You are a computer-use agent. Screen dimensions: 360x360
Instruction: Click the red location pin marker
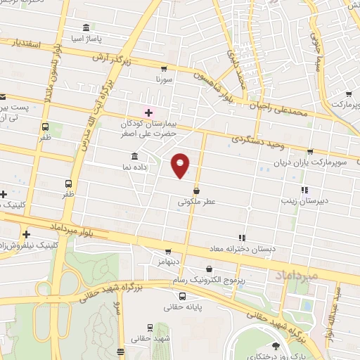(181, 165)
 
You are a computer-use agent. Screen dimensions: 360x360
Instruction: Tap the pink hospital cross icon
(148, 112)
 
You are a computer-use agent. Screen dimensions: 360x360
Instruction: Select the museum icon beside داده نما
(134, 156)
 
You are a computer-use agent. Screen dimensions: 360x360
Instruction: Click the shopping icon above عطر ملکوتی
(196, 191)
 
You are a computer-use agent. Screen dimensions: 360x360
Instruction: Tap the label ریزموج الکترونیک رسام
(209, 280)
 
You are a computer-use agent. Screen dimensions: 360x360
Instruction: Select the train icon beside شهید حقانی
(150, 328)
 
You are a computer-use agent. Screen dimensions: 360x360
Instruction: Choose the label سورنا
(165, 80)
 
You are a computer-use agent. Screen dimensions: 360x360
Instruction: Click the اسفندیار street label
(27, 44)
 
